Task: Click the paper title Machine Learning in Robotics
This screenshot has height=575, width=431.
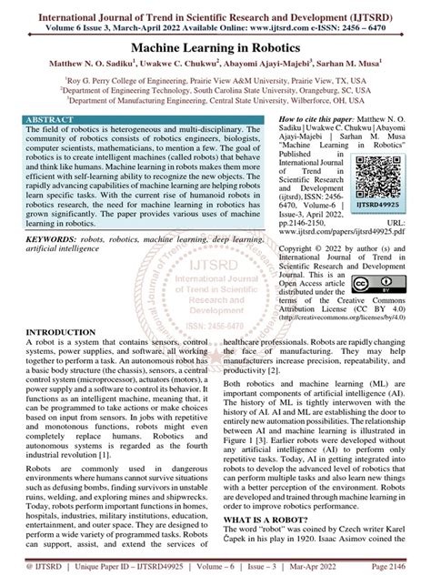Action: click(215, 45)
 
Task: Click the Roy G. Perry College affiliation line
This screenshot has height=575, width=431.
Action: click(215, 80)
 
